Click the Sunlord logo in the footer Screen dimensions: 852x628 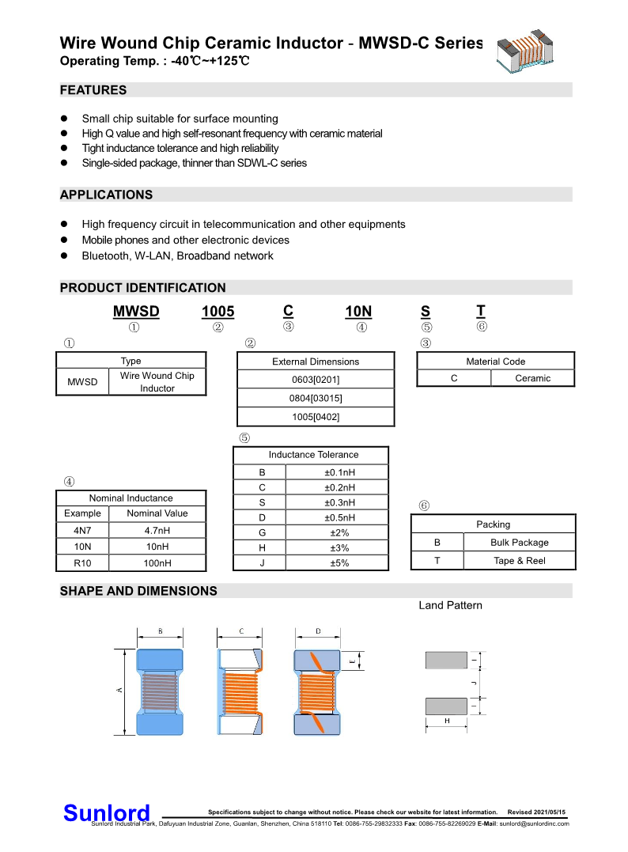point(106,812)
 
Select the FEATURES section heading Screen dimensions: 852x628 point(93,90)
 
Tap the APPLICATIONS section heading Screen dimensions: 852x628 point(107,195)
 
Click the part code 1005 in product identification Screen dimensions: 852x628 point(218,312)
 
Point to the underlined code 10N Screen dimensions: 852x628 point(359,312)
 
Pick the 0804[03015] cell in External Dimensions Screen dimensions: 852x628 point(316,398)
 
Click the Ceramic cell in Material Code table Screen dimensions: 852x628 point(532,378)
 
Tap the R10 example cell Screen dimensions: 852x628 point(83,563)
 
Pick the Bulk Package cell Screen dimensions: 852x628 point(519,543)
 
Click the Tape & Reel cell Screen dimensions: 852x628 point(519,561)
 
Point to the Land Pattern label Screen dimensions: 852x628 point(450,605)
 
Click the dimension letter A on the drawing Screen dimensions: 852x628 point(120,691)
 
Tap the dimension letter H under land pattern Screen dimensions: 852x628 point(447,721)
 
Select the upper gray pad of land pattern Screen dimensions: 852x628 point(446,659)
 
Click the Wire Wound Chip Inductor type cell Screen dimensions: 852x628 point(157,382)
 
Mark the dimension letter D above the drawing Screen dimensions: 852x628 point(318,631)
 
